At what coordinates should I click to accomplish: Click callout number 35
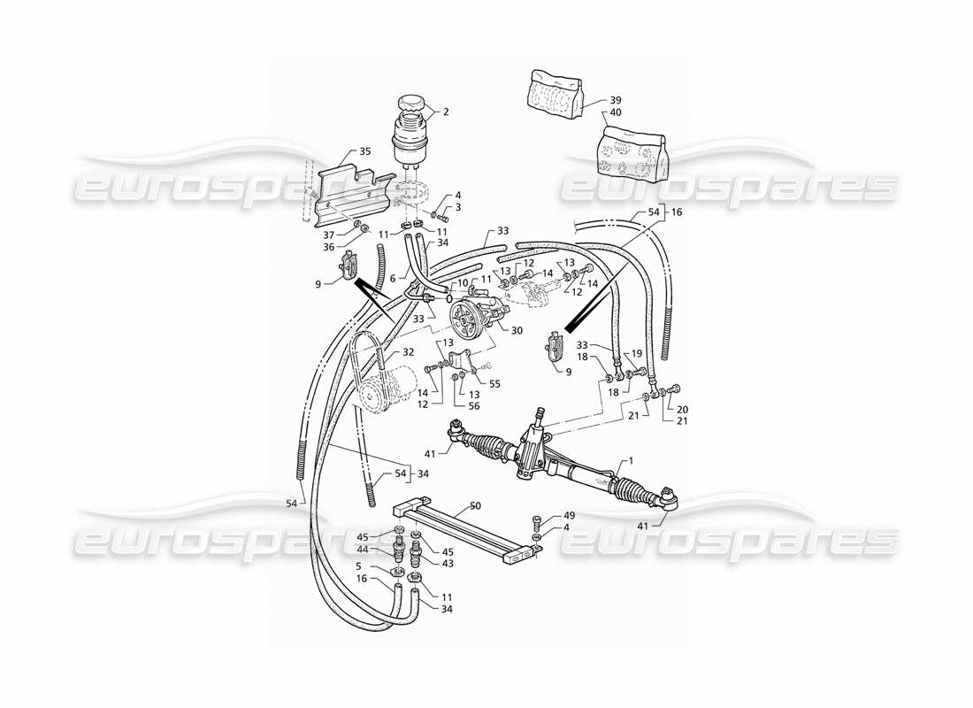pyautogui.click(x=364, y=151)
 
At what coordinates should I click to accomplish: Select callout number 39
pyautogui.click(x=616, y=100)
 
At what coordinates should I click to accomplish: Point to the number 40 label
pyautogui.click(x=616, y=112)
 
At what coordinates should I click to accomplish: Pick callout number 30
pyautogui.click(x=517, y=330)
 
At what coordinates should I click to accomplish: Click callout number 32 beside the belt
pyautogui.click(x=408, y=351)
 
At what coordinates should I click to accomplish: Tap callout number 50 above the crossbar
pyautogui.click(x=476, y=507)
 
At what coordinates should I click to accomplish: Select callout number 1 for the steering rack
pyautogui.click(x=631, y=461)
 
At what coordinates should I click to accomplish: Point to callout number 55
pyautogui.click(x=494, y=384)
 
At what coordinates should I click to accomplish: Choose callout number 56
pyautogui.click(x=474, y=405)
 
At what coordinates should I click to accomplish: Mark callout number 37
pyautogui.click(x=330, y=235)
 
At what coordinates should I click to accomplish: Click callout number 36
pyautogui.click(x=328, y=247)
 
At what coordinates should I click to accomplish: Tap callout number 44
pyautogui.click(x=363, y=550)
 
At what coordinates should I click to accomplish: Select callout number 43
pyautogui.click(x=448, y=563)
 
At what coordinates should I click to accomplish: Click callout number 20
pyautogui.click(x=682, y=410)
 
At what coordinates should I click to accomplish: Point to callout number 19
pyautogui.click(x=637, y=353)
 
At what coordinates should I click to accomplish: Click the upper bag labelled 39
pyautogui.click(x=556, y=94)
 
